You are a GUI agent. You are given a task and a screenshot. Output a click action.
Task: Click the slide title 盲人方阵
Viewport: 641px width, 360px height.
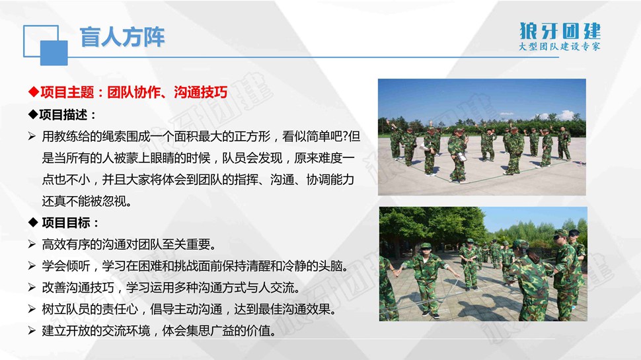point(122,37)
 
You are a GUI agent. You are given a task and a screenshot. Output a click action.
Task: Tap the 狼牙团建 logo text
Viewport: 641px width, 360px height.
point(560,31)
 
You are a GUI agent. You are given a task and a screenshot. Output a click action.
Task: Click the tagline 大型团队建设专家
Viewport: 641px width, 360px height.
point(560,47)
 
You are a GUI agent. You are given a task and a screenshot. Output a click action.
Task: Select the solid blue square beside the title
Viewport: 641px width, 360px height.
point(54,53)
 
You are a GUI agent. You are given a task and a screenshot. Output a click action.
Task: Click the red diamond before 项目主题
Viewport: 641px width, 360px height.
point(34,92)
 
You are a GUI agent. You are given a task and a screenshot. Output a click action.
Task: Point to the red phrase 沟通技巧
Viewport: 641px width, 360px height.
point(200,92)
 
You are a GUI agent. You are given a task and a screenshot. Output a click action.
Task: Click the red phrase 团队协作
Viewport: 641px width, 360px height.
point(134,92)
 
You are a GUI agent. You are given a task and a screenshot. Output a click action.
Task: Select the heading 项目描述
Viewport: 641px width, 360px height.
point(63,115)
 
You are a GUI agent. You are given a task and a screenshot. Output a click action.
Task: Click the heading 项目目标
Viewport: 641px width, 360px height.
point(66,223)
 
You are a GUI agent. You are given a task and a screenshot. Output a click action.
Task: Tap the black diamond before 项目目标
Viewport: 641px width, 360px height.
point(33,223)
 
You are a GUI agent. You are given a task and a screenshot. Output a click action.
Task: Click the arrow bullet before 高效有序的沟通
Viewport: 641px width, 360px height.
point(32,244)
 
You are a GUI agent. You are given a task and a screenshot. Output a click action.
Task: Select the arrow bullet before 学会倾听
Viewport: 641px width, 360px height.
point(32,266)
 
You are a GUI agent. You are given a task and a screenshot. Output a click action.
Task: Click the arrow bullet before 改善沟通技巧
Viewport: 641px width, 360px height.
point(32,288)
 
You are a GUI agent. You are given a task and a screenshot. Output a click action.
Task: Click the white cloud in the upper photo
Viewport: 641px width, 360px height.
point(566,115)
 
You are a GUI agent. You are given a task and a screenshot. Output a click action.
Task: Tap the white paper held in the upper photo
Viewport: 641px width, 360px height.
point(462,157)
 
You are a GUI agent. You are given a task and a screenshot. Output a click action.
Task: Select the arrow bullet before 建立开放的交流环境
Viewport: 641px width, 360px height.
point(32,331)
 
